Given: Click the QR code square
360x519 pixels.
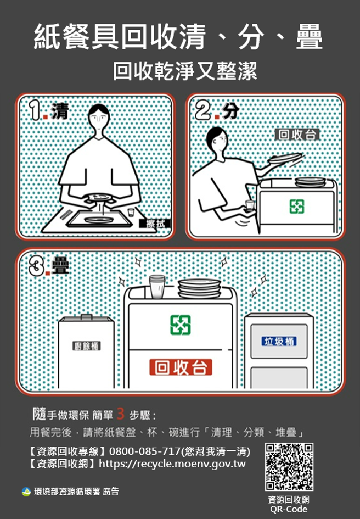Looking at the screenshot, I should pyautogui.click(x=289, y=466).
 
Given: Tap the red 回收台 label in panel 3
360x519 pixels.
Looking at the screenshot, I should pyautogui.click(x=181, y=366).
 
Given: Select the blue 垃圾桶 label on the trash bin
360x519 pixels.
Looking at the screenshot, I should pyautogui.click(x=279, y=342).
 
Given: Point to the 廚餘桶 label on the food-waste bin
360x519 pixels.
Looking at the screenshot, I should pyautogui.click(x=87, y=345).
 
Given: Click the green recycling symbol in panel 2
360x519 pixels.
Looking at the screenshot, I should pyautogui.click(x=297, y=207).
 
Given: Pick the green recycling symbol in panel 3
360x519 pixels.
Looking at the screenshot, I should pyautogui.click(x=180, y=325).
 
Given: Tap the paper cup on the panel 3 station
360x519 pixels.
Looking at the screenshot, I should pyautogui.click(x=157, y=286).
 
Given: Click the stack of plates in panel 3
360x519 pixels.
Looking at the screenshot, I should pyautogui.click(x=199, y=288).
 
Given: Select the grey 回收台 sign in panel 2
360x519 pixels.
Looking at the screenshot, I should pyautogui.click(x=297, y=135).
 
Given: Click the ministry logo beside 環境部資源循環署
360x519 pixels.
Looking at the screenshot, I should pyautogui.click(x=26, y=492).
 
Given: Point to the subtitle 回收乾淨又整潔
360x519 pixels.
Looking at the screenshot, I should pyautogui.click(x=184, y=71).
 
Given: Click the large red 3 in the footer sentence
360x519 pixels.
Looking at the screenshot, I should pyautogui.click(x=121, y=414).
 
